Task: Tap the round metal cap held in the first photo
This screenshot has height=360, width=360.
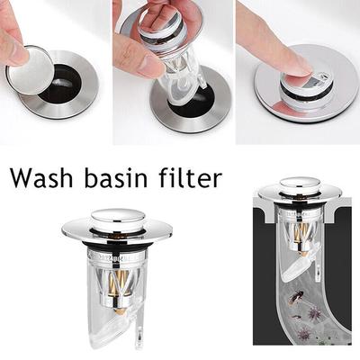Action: coord(30,69)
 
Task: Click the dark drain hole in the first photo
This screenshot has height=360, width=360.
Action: coord(61,85)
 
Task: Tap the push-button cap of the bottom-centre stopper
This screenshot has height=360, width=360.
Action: coord(118,219)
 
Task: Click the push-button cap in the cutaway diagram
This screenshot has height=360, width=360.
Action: coord(301,184)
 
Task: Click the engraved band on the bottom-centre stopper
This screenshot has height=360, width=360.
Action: coord(117,257)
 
